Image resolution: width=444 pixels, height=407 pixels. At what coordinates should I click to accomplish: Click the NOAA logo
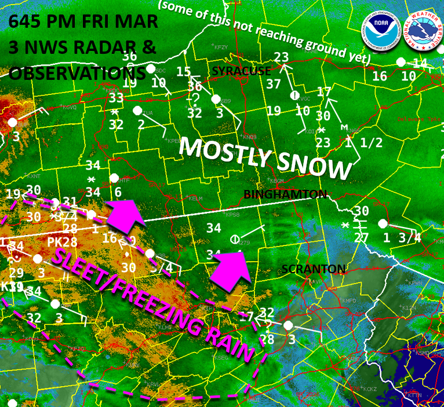pyautogui.click(x=381, y=31)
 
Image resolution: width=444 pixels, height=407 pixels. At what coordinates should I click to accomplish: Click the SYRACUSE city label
pyautogui.click(x=241, y=71)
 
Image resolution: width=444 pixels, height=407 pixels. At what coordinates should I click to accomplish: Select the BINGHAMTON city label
pyautogui.click(x=285, y=195)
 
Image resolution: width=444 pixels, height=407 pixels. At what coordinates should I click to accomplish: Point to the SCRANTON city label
pyautogui.click(x=313, y=269)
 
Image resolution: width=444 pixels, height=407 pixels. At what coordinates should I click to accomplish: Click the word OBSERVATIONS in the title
pyautogui.click(x=77, y=74)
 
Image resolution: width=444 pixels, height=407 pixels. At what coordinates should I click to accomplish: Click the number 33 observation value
pyautogui.click(x=117, y=98)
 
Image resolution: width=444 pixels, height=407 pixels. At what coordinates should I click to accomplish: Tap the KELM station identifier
pyautogui.click(x=196, y=199)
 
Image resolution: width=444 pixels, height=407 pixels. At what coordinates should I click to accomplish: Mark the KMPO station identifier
pyautogui.click(x=350, y=301)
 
